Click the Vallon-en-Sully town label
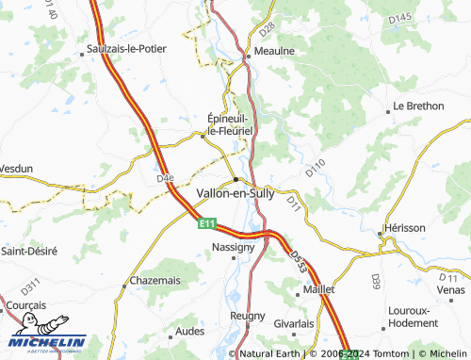(x=235, y=192)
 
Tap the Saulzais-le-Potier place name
(x=125, y=46)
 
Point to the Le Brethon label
(x=418, y=106)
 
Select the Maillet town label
(x=318, y=290)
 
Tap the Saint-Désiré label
(x=28, y=252)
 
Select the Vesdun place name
(x=16, y=169)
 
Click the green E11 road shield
(x=206, y=224)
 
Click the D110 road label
(x=315, y=168)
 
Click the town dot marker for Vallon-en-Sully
(x=235, y=178)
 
